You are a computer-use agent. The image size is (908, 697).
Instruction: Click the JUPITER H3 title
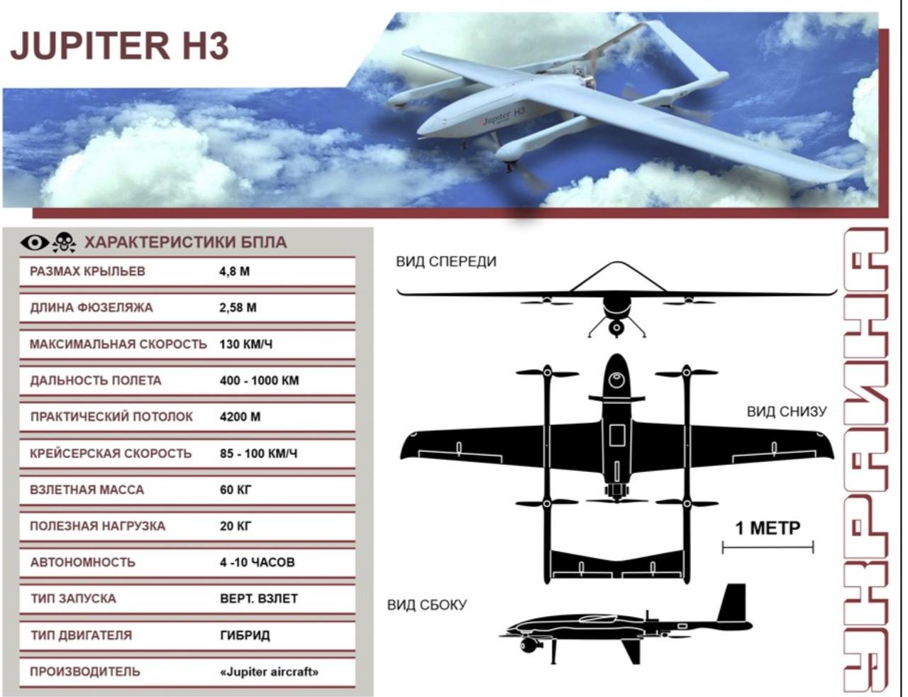click(119, 45)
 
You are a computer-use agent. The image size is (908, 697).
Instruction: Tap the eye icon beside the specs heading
click(35, 243)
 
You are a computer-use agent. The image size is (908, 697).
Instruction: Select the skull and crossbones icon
click(64, 243)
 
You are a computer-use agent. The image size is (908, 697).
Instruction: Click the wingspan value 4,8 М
click(234, 272)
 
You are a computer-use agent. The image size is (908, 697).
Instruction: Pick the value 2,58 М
click(238, 308)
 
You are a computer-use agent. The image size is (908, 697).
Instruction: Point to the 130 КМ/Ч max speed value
click(245, 344)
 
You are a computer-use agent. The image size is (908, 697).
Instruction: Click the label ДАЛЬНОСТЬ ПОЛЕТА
click(95, 381)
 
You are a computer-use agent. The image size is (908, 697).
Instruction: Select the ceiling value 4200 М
click(240, 417)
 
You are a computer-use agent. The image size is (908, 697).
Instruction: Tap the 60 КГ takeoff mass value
click(236, 490)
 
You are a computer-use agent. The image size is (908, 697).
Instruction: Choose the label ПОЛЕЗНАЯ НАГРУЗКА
click(97, 526)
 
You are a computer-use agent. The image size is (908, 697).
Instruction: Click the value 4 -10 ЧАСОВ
click(257, 562)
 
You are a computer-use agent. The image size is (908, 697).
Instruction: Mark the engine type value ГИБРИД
click(245, 635)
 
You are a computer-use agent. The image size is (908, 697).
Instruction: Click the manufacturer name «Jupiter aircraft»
click(269, 672)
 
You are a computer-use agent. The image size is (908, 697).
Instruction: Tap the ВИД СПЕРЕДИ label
click(446, 262)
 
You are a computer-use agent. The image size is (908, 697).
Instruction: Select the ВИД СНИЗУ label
click(787, 412)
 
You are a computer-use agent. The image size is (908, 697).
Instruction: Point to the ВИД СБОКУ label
click(426, 605)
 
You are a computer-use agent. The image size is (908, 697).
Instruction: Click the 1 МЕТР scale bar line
click(768, 547)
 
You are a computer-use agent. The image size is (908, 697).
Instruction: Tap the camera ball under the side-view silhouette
click(525, 646)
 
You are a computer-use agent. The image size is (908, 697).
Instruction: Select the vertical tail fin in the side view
click(733, 603)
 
